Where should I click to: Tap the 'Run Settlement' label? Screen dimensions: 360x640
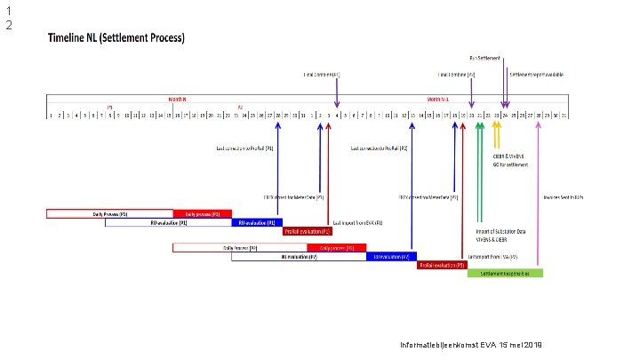(x=485, y=58)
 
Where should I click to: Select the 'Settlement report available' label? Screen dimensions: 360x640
(x=536, y=74)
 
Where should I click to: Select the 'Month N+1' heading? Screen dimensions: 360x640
(x=440, y=99)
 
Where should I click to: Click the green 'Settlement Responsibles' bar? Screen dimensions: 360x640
(x=504, y=273)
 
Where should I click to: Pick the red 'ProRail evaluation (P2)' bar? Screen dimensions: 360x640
(x=442, y=265)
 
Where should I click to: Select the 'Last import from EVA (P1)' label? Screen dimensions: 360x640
(x=356, y=222)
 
